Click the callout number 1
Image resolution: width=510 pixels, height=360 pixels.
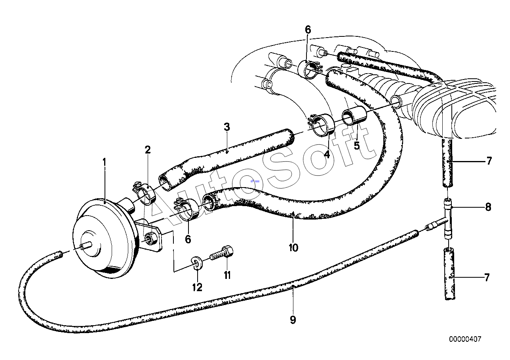click(x=104, y=163)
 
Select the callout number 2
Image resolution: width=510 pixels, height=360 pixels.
click(x=148, y=150)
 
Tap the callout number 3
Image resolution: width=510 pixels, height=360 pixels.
click(x=227, y=127)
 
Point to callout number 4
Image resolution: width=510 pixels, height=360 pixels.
click(x=327, y=155)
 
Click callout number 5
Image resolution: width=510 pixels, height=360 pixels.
click(x=356, y=146)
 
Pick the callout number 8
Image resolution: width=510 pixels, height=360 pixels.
click(x=488, y=207)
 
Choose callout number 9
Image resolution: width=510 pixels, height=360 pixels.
click(x=293, y=320)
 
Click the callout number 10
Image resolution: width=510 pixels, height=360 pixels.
click(x=293, y=248)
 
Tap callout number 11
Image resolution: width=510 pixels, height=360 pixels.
click(x=227, y=275)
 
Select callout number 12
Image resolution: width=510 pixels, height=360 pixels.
click(x=197, y=288)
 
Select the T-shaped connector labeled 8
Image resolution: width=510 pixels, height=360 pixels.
click(x=447, y=219)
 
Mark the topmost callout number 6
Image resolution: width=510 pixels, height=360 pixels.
click(x=308, y=30)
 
